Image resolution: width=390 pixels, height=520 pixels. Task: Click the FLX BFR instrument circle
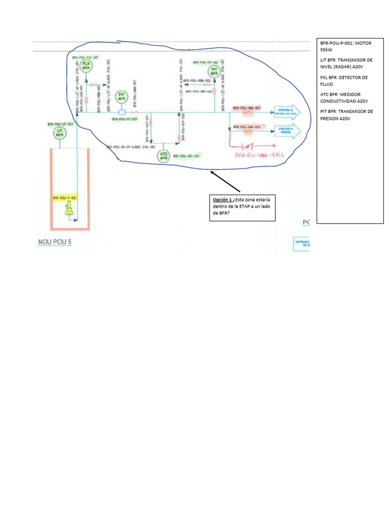(86, 65)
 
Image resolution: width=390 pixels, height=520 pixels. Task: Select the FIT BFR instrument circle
(121, 96)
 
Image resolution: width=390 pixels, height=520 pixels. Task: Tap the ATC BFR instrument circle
(164, 156)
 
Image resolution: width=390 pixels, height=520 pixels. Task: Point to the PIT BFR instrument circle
(214, 71)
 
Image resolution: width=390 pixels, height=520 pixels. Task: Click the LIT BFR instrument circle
(60, 134)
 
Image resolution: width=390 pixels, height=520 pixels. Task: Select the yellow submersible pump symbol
(68, 209)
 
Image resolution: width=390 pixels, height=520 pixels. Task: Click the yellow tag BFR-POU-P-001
(64, 198)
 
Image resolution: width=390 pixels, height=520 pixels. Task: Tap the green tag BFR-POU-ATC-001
(186, 156)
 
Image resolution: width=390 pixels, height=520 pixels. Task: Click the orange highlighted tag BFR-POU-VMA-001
(247, 108)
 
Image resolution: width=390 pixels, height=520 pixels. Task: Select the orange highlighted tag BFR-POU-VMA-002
(247, 127)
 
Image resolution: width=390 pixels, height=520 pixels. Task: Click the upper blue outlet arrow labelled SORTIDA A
(287, 112)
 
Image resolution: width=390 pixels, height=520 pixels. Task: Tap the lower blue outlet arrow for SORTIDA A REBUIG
(287, 131)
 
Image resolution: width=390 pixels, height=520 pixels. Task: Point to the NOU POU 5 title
(55, 242)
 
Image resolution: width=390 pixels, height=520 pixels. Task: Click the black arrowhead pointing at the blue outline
(212, 174)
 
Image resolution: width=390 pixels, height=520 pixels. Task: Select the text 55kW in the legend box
(328, 50)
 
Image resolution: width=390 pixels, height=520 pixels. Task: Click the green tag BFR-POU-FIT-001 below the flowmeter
(125, 119)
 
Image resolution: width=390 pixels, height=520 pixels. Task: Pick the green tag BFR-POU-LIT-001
(60, 124)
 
